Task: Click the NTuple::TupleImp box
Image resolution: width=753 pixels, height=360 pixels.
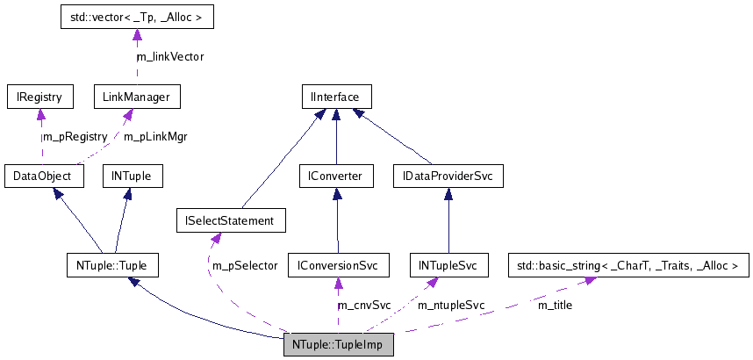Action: point(338,344)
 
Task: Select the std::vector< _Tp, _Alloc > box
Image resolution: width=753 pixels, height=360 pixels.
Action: point(136,17)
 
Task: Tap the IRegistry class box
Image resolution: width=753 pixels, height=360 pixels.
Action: point(39,95)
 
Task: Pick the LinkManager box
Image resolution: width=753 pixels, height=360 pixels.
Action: point(136,95)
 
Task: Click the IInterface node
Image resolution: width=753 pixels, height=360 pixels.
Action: point(336,95)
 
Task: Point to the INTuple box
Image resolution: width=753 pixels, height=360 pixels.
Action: point(132,176)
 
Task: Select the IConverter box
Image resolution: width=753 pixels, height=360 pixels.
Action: point(336,176)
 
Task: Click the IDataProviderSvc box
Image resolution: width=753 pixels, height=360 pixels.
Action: point(448,176)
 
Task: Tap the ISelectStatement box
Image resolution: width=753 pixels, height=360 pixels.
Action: point(231,221)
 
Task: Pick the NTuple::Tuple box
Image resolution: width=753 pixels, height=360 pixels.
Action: point(112,264)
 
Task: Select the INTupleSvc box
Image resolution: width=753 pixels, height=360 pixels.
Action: point(448,264)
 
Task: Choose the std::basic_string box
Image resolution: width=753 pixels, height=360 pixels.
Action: point(629,264)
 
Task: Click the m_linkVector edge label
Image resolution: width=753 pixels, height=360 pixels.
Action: point(170,56)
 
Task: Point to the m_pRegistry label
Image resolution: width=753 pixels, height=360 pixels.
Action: point(75,136)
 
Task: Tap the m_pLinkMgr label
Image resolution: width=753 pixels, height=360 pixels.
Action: point(155,136)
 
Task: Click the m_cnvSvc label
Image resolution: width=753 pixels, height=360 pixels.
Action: point(363,305)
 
